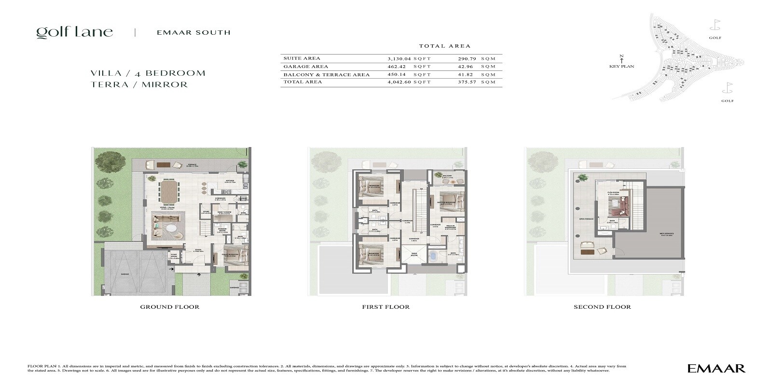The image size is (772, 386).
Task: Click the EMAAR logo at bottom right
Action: pyautogui.click(x=716, y=369)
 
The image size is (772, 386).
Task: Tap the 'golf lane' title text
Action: pyautogui.click(x=75, y=32)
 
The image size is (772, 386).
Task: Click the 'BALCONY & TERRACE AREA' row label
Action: pyautogui.click(x=327, y=75)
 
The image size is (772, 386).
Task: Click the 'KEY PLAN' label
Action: pyautogui.click(x=621, y=66)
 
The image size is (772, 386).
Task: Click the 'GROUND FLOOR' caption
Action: pyautogui.click(x=169, y=307)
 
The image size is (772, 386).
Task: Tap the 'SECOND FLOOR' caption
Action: pyautogui.click(x=602, y=307)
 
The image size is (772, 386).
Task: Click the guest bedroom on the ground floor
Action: pyautogui.click(x=234, y=255)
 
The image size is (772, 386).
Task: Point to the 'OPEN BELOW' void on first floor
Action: pyautogui.click(x=414, y=254)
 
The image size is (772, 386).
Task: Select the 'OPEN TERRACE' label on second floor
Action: pyautogui.click(x=582, y=219)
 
